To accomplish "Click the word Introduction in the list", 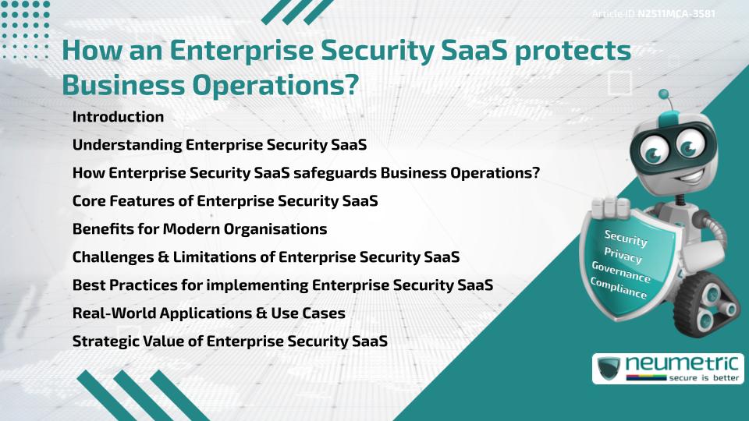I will pos(118,117).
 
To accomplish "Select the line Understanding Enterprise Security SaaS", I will pos(219,145).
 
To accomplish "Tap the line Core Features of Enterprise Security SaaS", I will pos(225,200).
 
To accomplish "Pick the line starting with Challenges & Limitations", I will pos(265,256).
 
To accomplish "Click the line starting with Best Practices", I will pos(282,285).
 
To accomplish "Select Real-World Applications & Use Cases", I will pos(208,313).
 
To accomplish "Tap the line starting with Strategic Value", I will pos(229,341).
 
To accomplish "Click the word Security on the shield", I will pos(626,239).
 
